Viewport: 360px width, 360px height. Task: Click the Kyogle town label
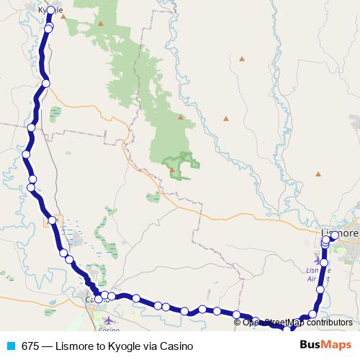[50, 9]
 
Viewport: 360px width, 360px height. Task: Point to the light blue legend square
[10, 346]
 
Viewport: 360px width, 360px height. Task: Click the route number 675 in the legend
[30, 346]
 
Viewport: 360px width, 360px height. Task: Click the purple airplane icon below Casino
[108, 320]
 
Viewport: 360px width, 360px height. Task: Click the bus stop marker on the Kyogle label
[50, 11]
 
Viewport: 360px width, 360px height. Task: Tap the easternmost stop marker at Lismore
[335, 235]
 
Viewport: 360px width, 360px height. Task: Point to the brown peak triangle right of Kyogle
[102, 23]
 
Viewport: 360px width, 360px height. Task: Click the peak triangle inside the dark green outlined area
[173, 170]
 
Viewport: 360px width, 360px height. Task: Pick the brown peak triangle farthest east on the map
[318, 173]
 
